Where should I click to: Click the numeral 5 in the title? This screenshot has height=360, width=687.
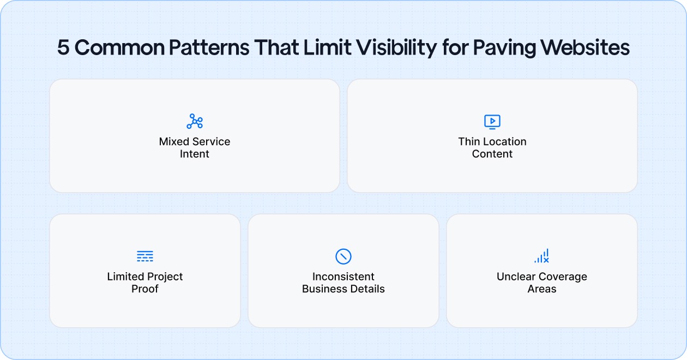[63, 48]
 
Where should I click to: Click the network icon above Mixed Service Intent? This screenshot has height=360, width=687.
[195, 121]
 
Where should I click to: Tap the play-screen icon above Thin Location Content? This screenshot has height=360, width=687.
[492, 121]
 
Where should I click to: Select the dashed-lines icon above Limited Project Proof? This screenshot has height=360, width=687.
[145, 256]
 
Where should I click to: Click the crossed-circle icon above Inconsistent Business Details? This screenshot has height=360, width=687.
[343, 256]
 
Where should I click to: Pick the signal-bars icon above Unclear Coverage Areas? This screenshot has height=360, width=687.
[542, 256]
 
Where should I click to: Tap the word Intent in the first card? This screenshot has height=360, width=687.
[195, 154]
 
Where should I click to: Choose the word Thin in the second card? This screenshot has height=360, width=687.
[469, 142]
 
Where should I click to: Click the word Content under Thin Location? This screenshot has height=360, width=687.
[492, 154]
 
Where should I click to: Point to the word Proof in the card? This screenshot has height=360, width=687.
[145, 289]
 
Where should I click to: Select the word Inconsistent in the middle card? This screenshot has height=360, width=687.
[343, 277]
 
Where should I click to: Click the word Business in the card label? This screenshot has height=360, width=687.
[324, 289]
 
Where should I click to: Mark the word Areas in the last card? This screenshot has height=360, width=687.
[542, 289]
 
